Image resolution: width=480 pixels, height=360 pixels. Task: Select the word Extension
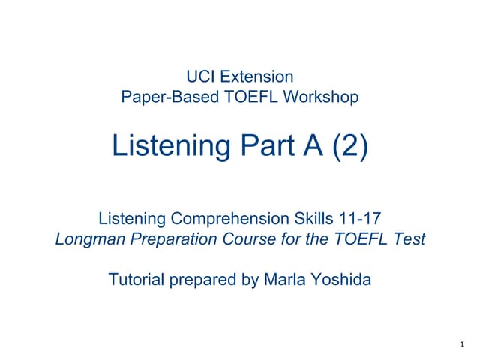coord(256,76)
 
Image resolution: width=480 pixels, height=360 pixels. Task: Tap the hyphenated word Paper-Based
coord(170,97)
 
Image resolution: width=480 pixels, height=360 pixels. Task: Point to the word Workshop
coord(321,97)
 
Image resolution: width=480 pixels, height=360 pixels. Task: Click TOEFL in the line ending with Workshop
coord(251,97)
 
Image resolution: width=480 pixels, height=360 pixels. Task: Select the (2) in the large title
coord(350,146)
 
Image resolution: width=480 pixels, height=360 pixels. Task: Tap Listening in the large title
coord(172,146)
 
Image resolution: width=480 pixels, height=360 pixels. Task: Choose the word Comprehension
coord(230,219)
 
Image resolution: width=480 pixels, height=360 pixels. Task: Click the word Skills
coord(313,218)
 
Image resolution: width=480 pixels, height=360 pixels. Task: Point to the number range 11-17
coord(360,218)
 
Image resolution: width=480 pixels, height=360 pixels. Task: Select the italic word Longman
coord(90,239)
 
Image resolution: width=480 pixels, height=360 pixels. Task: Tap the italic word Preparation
coord(174,239)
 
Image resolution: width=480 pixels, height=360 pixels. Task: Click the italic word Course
coord(249,238)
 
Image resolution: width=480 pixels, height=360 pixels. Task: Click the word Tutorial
coord(136,279)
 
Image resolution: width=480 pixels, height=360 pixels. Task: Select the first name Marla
coord(285,279)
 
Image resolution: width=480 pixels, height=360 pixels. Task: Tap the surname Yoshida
coord(341,279)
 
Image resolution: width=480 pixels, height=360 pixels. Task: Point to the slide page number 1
coord(462,344)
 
